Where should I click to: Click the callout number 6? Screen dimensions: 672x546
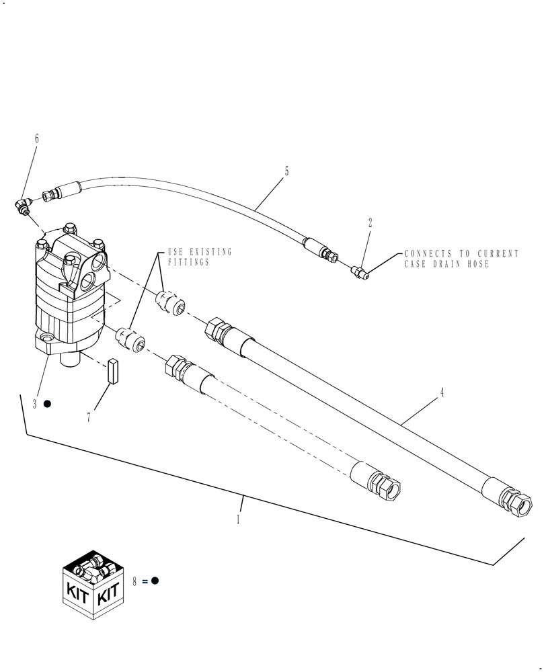36,138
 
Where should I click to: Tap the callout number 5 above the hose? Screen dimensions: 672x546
286,171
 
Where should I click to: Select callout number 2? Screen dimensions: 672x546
370,223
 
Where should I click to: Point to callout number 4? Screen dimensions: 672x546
442,393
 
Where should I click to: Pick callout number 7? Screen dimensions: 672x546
88,417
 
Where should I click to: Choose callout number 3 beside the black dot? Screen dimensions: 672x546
35,405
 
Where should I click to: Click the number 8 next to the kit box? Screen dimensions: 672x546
134,582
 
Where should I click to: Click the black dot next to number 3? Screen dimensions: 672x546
47,404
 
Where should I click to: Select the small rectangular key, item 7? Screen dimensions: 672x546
112,370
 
